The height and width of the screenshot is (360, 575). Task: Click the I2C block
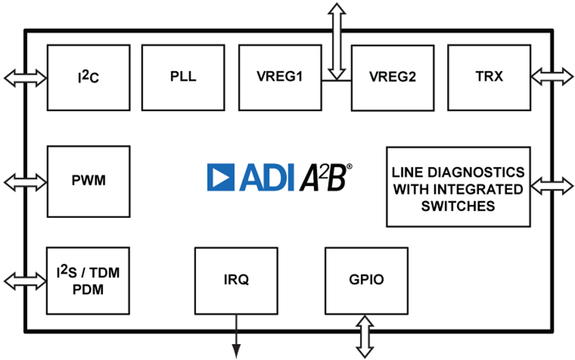(x=89, y=77)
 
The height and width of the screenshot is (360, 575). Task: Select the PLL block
(x=183, y=77)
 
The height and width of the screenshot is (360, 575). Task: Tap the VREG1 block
(x=279, y=77)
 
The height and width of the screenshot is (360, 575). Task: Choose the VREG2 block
(x=392, y=77)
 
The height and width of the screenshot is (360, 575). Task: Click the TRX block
(x=489, y=77)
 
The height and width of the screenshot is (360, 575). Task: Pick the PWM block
(x=89, y=181)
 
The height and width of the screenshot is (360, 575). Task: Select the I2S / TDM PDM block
(x=89, y=281)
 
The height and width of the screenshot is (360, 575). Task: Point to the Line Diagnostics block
(x=458, y=187)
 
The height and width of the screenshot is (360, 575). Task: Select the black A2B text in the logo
(x=324, y=177)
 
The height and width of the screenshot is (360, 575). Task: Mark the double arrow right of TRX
(x=552, y=77)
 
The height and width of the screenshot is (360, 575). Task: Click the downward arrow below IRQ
(x=236, y=337)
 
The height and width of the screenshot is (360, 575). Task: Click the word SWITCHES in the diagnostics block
(x=458, y=206)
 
